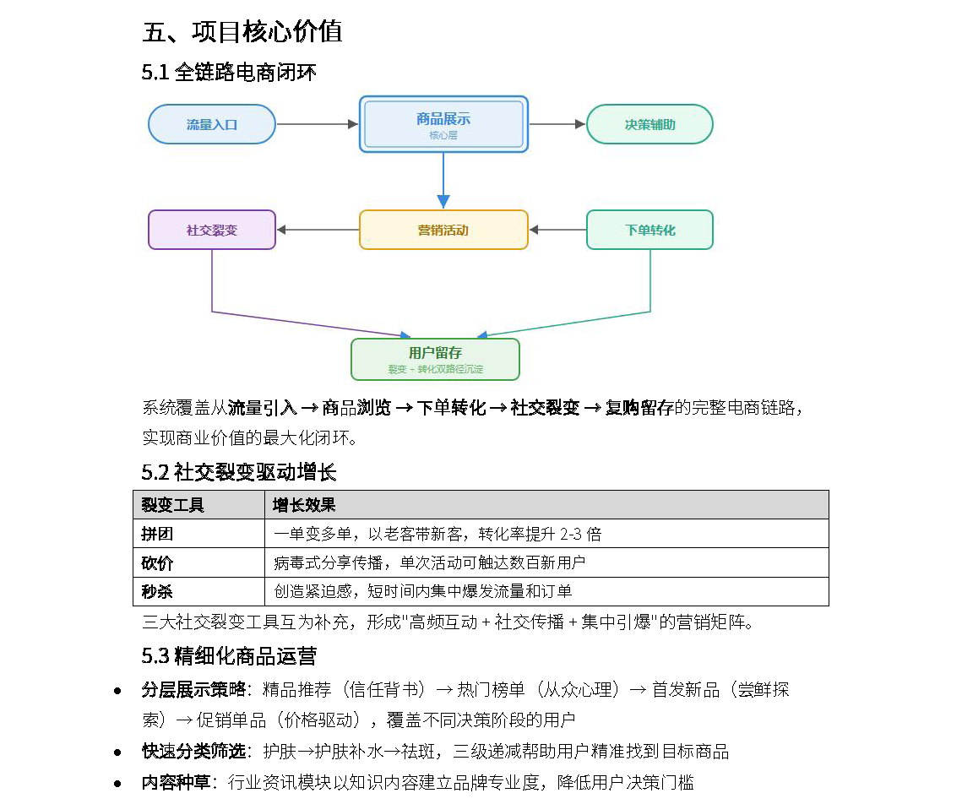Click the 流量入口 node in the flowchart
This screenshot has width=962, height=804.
point(212,124)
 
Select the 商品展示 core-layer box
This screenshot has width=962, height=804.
point(443,124)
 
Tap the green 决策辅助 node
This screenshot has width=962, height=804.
point(649,124)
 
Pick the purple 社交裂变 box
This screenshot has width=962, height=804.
point(212,230)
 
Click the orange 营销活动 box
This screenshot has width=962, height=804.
point(443,230)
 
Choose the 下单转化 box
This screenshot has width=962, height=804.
point(649,230)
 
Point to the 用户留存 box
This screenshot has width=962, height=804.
point(435,360)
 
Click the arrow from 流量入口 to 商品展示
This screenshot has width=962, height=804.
point(318,124)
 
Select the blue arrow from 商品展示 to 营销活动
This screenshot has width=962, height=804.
point(443,181)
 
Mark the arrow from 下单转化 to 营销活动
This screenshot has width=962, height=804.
point(557,230)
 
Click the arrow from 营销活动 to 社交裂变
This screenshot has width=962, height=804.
point(318,230)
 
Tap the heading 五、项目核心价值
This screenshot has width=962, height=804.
point(242,32)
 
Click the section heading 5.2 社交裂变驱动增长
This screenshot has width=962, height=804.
point(239,472)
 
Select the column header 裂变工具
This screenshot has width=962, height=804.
point(172,505)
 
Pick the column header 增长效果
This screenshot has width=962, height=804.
point(304,505)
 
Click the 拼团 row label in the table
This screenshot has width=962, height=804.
point(157,534)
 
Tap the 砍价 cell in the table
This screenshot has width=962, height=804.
point(157,562)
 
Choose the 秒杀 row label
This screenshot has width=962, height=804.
point(157,591)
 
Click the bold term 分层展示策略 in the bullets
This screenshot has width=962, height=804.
point(194,690)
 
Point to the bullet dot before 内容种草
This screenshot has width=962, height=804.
point(117,784)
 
